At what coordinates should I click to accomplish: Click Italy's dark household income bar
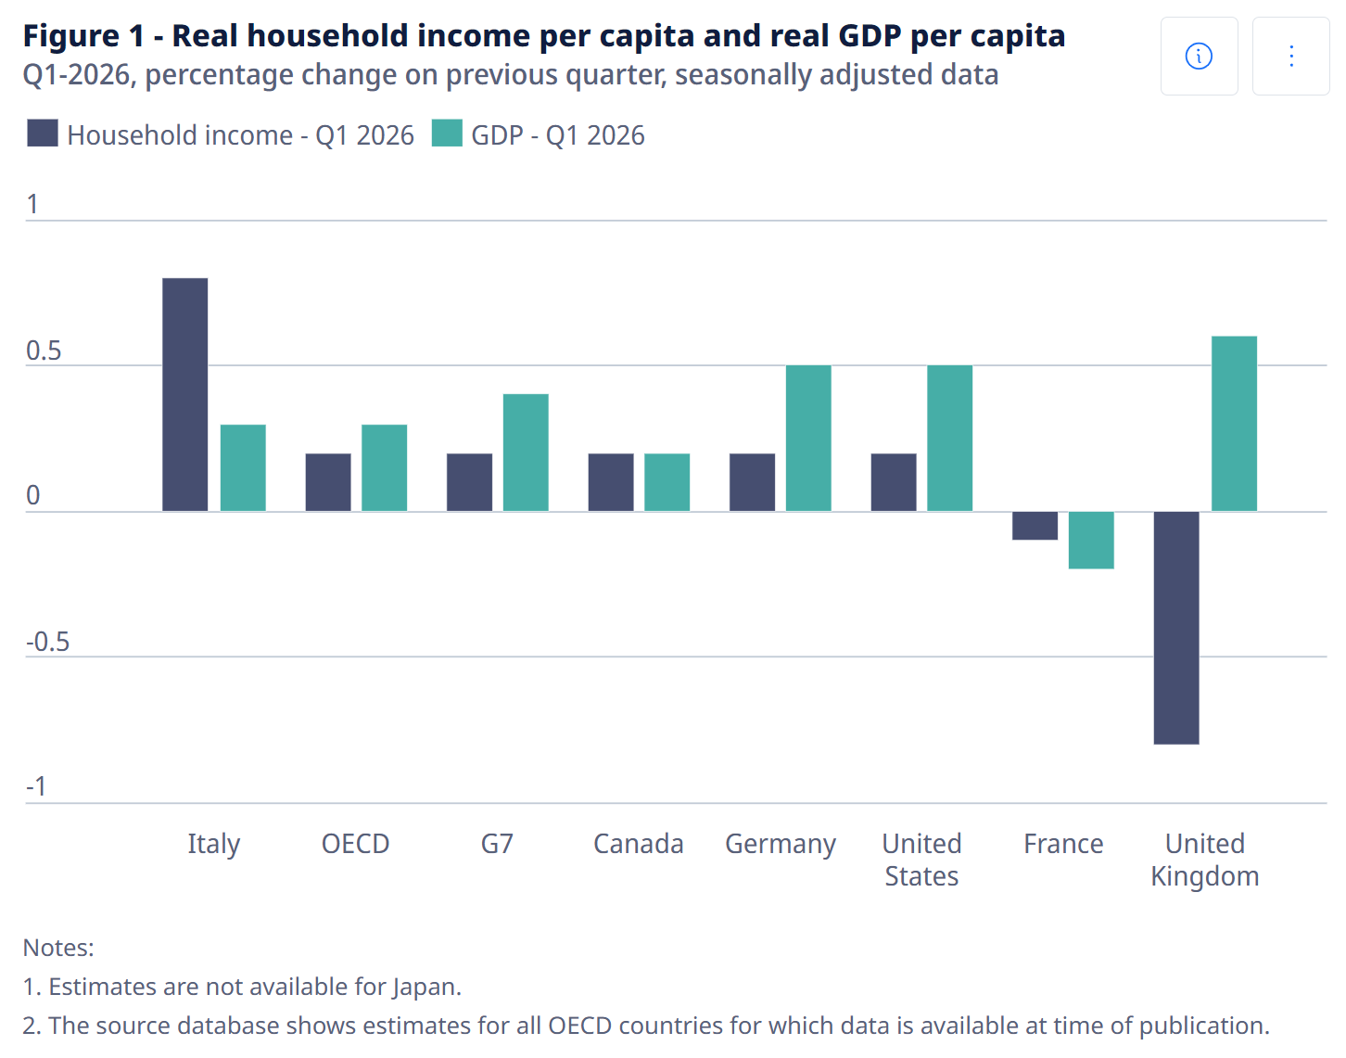(184, 395)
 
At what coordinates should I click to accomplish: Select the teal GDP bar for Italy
(243, 467)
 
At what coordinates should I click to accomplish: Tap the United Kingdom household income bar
(1175, 628)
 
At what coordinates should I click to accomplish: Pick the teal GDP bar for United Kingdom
(1234, 424)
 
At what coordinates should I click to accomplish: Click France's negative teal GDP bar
(1091, 541)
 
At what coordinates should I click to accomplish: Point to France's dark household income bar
(1035, 526)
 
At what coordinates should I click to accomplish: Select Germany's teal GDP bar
(808, 439)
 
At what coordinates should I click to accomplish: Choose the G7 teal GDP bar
(526, 453)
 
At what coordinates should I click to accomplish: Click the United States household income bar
(894, 482)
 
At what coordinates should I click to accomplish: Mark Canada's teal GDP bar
(667, 482)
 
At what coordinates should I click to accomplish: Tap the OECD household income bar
(327, 482)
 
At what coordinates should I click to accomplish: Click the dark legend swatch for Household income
(43, 134)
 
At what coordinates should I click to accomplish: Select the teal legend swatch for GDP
(447, 134)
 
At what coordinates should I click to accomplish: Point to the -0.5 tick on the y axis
(47, 642)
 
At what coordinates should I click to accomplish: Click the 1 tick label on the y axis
(32, 204)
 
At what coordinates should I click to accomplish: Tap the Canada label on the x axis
(638, 844)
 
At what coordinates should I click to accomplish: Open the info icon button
(1199, 56)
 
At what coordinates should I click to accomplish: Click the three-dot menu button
(1291, 56)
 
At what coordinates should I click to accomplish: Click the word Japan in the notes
(426, 988)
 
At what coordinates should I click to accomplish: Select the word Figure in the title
(71, 36)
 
